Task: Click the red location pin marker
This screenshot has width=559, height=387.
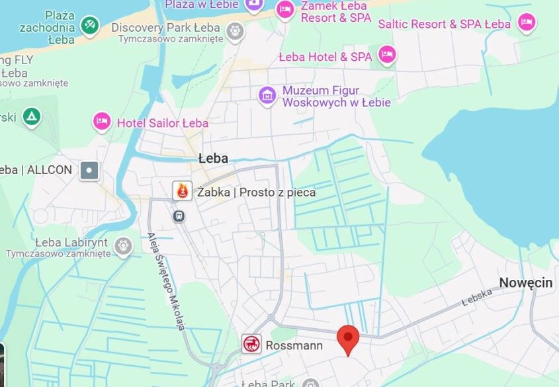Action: [x=348, y=338]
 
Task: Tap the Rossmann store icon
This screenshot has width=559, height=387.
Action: [x=251, y=344]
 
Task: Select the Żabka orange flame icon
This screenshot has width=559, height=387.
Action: [x=183, y=191]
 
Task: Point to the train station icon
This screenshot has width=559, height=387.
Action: [x=178, y=216]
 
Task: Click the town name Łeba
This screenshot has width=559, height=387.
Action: [x=213, y=159]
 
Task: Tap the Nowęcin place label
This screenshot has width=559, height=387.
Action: [x=525, y=282]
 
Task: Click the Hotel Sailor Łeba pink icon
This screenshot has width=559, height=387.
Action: [x=101, y=122]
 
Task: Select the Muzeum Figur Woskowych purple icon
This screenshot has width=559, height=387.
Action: [x=267, y=95]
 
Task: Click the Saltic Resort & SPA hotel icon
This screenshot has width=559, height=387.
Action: [x=527, y=22]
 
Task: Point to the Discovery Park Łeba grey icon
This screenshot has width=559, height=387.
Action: [x=235, y=30]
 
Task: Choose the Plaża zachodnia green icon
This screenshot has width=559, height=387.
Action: [x=89, y=26]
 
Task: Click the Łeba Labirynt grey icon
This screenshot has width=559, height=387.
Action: [x=123, y=246]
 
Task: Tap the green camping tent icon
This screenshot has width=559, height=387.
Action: [x=31, y=117]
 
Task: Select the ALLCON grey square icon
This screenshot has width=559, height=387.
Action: [x=89, y=171]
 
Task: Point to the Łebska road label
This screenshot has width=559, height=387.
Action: [x=477, y=296]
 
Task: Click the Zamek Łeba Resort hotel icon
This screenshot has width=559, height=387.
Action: [x=284, y=9]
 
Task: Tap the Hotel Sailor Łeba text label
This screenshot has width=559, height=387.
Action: [x=162, y=123]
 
